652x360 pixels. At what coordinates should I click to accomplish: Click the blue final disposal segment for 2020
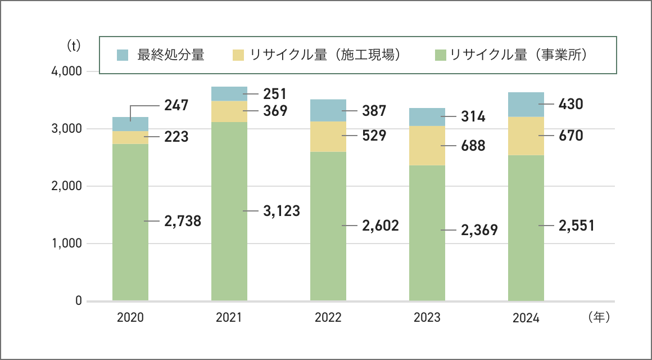pos(130,124)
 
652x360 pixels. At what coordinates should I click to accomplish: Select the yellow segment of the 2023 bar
pos(427,145)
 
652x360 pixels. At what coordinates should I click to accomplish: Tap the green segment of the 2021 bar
pos(229,211)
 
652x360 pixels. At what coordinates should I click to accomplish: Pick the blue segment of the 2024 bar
pos(526,104)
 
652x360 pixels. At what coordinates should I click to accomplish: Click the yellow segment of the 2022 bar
pos(328,136)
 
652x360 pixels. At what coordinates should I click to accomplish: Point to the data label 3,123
pos(281,211)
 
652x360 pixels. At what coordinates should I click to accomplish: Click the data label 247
pos(176,105)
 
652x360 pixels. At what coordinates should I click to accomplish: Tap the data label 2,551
pos(576,226)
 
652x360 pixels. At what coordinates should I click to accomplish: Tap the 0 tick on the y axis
pos(79,301)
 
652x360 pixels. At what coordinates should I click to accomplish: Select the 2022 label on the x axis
pos(328,318)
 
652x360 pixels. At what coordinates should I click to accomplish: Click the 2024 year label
pos(526,318)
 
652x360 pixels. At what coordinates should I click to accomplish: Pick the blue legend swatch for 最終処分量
pos(123,55)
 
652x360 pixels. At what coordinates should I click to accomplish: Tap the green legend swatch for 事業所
pos(441,55)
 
